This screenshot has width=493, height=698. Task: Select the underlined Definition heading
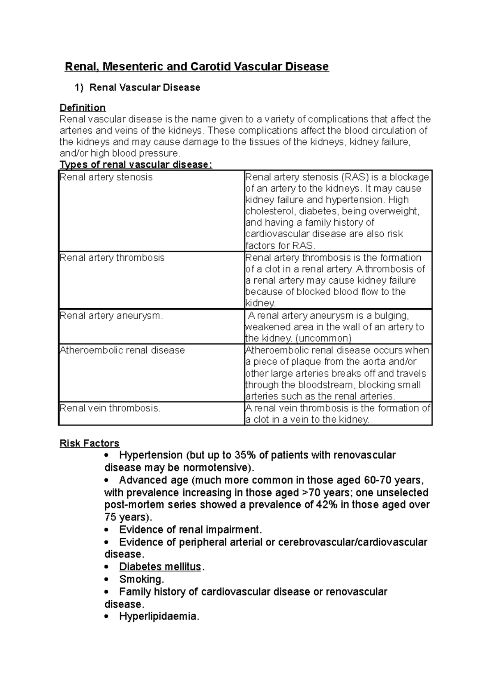pos(83,108)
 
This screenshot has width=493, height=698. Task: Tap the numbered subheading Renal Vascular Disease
pos(145,88)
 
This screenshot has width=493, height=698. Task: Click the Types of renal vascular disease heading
pos(136,165)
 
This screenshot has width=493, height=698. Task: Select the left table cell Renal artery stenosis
pos(106,177)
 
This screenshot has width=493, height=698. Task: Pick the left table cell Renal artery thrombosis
pos(112,258)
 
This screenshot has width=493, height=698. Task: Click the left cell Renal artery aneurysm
pos(111,316)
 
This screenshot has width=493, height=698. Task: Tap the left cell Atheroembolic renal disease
pos(122,350)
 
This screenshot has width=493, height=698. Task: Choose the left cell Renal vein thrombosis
pos(110,408)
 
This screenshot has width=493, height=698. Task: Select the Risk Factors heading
pos(89,444)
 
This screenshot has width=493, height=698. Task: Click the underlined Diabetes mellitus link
pos(160,567)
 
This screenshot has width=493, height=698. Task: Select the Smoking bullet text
pos(141,580)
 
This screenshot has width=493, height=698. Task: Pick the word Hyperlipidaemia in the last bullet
pos(159,617)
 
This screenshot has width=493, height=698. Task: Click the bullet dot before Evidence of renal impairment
pos(107,530)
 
